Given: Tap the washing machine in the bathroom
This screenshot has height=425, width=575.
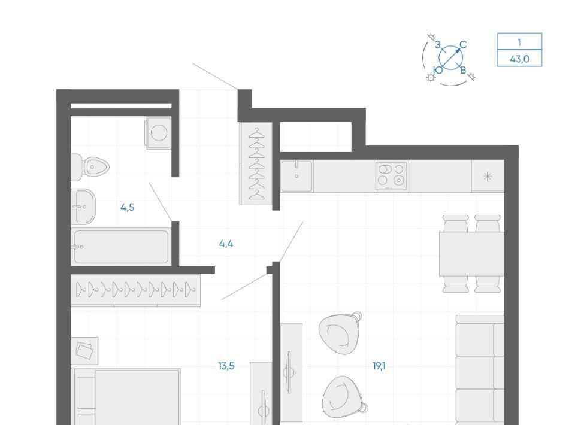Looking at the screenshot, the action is (159, 133).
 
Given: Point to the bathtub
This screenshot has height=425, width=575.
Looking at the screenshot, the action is (121, 246).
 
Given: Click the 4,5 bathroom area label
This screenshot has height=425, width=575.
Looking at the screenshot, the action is (127, 207).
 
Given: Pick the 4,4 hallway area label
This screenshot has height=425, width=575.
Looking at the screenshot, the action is (226, 244).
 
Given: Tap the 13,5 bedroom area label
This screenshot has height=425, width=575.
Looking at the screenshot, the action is (226, 366).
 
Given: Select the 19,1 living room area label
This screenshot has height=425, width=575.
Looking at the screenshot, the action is (379, 366).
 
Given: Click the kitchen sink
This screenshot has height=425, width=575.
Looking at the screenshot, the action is (296, 176).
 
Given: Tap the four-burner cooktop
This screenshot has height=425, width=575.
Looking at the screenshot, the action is (391, 176).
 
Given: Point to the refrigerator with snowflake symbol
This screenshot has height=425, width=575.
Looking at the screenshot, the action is (488, 176).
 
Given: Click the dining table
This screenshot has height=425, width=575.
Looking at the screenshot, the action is (471, 254).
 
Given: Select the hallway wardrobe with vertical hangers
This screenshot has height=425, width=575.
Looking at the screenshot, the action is (256, 163).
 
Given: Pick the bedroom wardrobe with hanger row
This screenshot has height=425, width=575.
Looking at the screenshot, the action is (136, 290).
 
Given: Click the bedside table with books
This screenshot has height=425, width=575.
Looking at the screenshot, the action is (84, 351).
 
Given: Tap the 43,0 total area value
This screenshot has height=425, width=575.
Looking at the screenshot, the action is (520, 59).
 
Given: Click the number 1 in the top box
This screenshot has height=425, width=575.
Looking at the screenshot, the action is (519, 42).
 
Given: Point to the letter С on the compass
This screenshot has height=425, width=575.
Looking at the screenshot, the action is (463, 45).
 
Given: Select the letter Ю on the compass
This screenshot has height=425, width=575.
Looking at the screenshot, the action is (438, 70).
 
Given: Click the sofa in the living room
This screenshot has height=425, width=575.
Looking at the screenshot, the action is (480, 370).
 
